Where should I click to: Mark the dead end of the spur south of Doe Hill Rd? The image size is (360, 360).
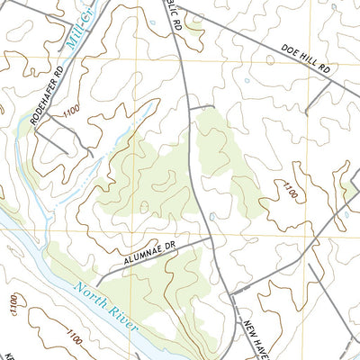point(307,114)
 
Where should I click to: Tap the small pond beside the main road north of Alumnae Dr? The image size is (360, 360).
point(211,216)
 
